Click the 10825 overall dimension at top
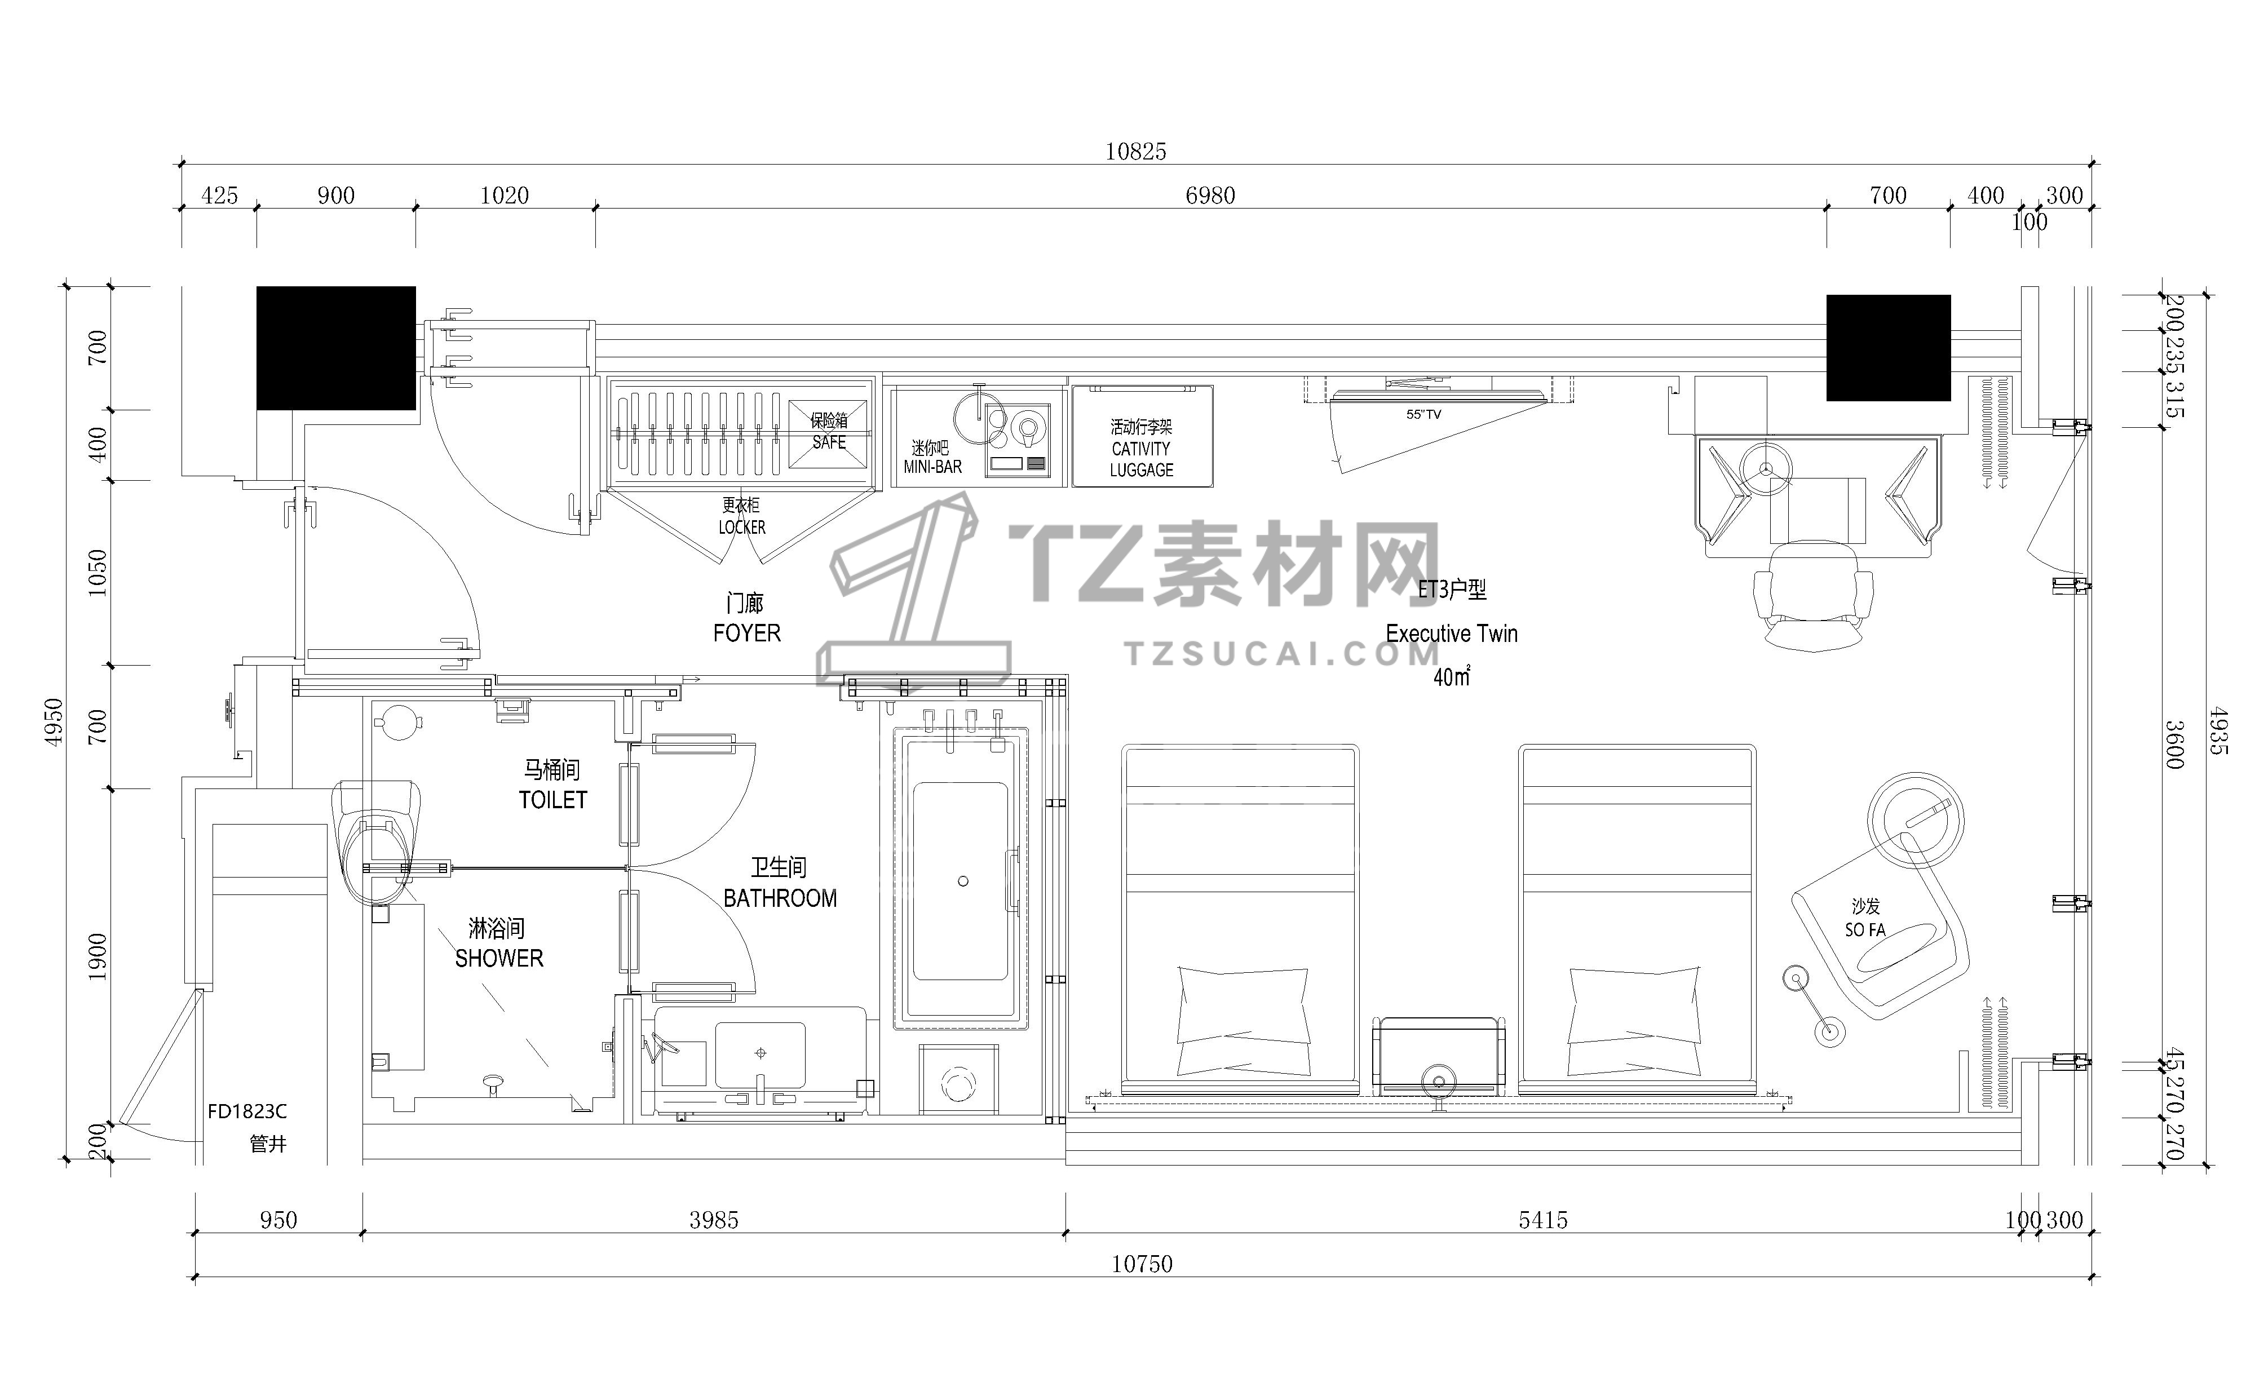tap(1135, 151)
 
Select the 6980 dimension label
tap(1210, 196)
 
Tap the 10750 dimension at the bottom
tap(1142, 1264)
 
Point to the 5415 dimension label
tap(1543, 1220)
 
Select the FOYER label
tap(746, 633)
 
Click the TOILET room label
tap(553, 800)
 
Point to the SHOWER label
tap(499, 958)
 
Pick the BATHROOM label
tap(780, 898)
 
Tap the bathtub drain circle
tap(963, 881)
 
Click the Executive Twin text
tap(1451, 634)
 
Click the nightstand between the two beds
tap(1438, 1056)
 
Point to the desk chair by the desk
tap(1813, 596)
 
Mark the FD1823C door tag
tap(247, 1111)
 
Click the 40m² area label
tap(1451, 677)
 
